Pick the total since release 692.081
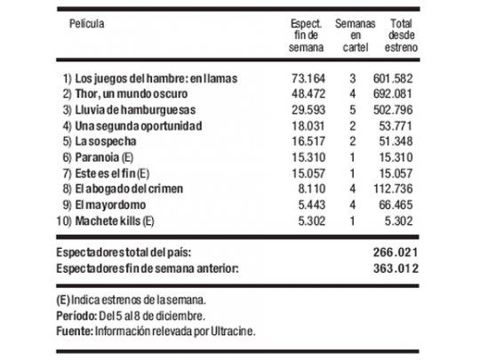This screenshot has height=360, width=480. point(398,95)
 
